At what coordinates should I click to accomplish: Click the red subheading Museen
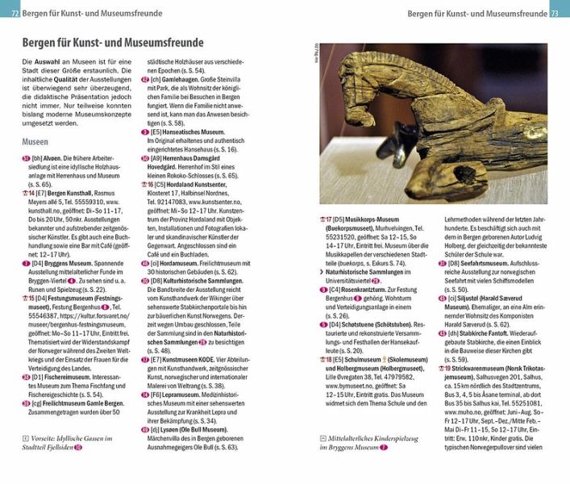(35, 141)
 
